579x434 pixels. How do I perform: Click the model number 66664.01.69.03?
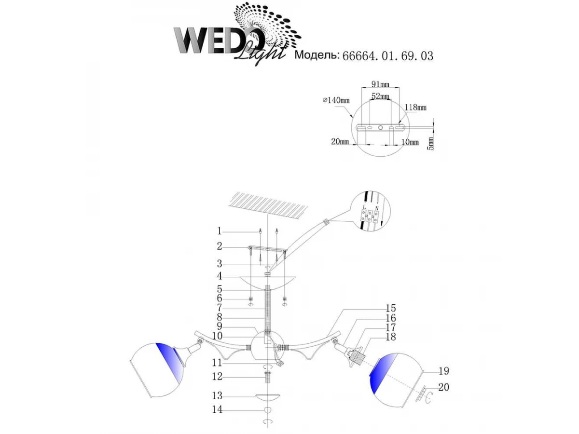[387, 56]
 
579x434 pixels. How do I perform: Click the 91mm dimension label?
[380, 84]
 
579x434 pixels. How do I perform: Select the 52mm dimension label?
[380, 96]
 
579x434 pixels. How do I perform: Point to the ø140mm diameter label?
[336, 100]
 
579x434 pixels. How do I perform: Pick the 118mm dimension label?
[415, 107]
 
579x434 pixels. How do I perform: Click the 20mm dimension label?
[340, 142]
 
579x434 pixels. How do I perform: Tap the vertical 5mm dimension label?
[430, 143]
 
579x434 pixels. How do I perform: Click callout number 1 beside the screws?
[220, 231]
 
